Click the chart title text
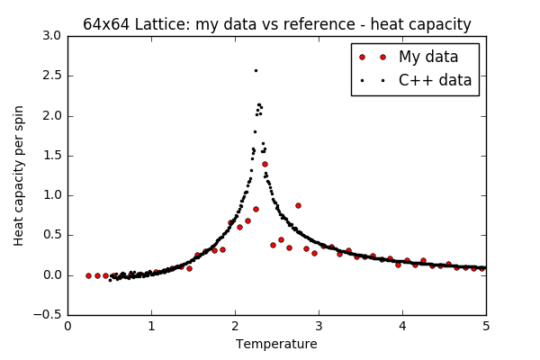(x=277, y=24)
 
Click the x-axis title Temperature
(x=276, y=344)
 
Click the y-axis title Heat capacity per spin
(x=20, y=175)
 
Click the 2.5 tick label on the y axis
(x=50, y=76)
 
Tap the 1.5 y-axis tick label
(x=50, y=155)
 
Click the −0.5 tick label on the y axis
(x=47, y=314)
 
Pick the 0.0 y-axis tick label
(x=50, y=274)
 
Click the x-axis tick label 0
(x=67, y=326)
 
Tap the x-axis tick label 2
(x=235, y=326)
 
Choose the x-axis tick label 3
(x=319, y=326)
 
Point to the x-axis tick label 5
(x=486, y=326)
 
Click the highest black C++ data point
(x=256, y=70)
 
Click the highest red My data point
(x=265, y=164)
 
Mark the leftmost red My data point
(x=88, y=275)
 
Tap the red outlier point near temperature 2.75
(x=298, y=205)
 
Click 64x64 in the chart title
(x=107, y=24)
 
